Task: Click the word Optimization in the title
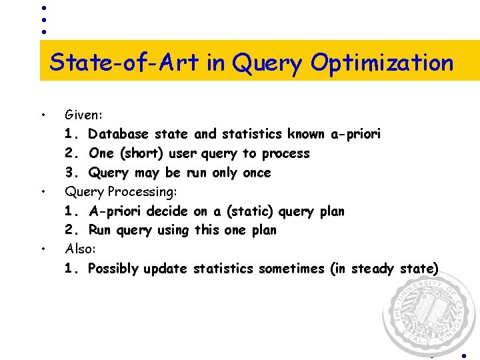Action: (x=382, y=64)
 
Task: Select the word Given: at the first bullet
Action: (x=83, y=115)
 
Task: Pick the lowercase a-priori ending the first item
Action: (x=356, y=134)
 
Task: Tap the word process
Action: (x=285, y=154)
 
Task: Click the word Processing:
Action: (x=141, y=192)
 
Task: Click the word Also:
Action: (x=81, y=249)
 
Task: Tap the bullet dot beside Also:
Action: (x=43, y=249)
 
